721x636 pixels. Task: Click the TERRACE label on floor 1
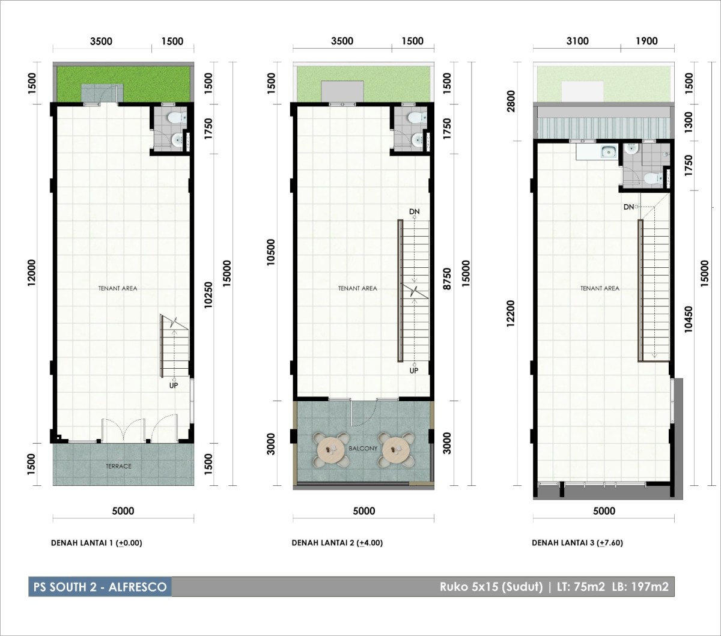coord(118,466)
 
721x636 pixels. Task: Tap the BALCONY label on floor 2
coord(363,448)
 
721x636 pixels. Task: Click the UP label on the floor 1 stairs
coord(173,385)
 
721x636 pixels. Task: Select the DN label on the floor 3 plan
coord(629,207)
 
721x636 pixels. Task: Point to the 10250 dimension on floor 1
coord(208,295)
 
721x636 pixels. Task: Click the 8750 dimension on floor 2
coord(448,279)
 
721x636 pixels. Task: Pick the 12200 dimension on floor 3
coord(511,313)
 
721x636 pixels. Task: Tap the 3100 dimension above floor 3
coord(577,41)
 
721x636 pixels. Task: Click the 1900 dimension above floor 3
coord(646,41)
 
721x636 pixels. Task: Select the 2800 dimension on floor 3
coord(511,101)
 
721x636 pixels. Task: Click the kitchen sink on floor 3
coord(609,152)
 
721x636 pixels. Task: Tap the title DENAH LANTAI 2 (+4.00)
coord(337,543)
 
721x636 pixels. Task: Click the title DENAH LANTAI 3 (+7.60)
coord(577,543)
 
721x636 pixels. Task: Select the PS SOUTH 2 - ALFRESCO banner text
coord(100,587)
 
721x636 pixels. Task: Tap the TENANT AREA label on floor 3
coord(600,288)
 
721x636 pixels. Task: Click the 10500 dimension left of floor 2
coord(271,252)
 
